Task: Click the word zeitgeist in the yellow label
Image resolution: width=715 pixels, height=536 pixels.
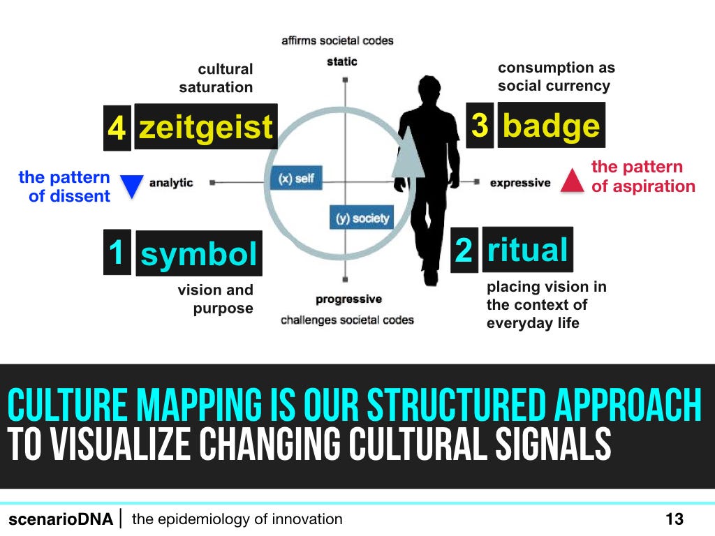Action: (206, 127)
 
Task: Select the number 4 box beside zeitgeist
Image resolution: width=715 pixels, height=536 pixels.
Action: (117, 128)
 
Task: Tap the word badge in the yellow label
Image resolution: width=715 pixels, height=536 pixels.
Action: (552, 125)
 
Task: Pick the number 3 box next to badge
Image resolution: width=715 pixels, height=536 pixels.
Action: (480, 125)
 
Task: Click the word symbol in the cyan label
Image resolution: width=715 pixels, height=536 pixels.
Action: (199, 253)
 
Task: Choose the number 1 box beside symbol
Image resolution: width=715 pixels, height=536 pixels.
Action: (117, 252)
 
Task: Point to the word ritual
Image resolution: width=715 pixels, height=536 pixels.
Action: (528, 249)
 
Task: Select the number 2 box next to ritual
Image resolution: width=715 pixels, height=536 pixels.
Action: (464, 250)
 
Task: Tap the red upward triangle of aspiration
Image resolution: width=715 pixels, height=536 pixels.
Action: (573, 181)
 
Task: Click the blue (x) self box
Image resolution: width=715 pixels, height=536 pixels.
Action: (296, 178)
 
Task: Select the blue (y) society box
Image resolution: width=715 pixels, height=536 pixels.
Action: (362, 218)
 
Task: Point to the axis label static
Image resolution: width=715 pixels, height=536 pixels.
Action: (342, 61)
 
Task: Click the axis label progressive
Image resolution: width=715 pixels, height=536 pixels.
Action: (349, 299)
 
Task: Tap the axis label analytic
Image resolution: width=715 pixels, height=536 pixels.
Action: (171, 183)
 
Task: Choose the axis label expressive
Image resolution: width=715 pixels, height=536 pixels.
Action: (520, 183)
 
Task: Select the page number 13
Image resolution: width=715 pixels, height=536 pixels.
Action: (675, 519)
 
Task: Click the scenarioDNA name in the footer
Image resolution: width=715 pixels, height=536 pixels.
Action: (61, 519)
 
